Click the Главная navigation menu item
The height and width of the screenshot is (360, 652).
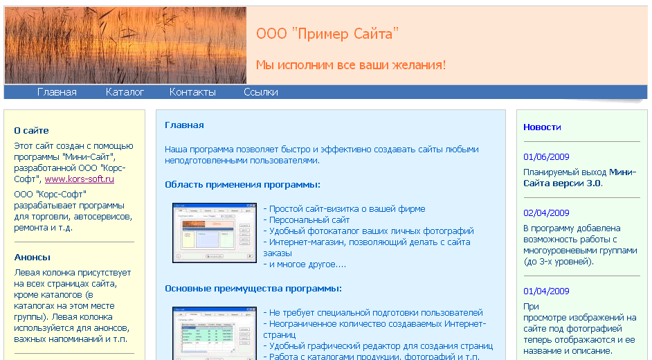pyautogui.click(x=57, y=92)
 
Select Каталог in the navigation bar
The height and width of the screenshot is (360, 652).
pyautogui.click(x=125, y=92)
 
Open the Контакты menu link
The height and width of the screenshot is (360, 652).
pyautogui.click(x=192, y=92)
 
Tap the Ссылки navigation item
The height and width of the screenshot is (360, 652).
pyautogui.click(x=261, y=92)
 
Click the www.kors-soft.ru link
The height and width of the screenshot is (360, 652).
pyautogui.click(x=80, y=179)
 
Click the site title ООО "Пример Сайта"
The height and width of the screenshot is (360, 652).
pyautogui.click(x=327, y=34)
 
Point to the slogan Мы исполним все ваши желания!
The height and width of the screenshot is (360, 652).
pyautogui.click(x=351, y=65)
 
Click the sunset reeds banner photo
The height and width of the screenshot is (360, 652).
pyautogui.click(x=125, y=46)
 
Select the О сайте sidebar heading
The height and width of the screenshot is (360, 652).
pyautogui.click(x=31, y=130)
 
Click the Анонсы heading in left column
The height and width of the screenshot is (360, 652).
pyautogui.click(x=33, y=257)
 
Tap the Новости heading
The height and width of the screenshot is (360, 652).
pyautogui.click(x=542, y=127)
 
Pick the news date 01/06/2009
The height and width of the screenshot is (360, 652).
pyautogui.click(x=546, y=156)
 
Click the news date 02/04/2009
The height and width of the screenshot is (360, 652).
pyautogui.click(x=546, y=213)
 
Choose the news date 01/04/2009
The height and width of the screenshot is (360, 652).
pyautogui.click(x=546, y=291)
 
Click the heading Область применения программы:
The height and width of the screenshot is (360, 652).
pyautogui.click(x=242, y=185)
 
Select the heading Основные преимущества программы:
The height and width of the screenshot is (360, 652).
pyautogui.click(x=253, y=288)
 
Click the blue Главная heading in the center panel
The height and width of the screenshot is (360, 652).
pyautogui.click(x=184, y=125)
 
